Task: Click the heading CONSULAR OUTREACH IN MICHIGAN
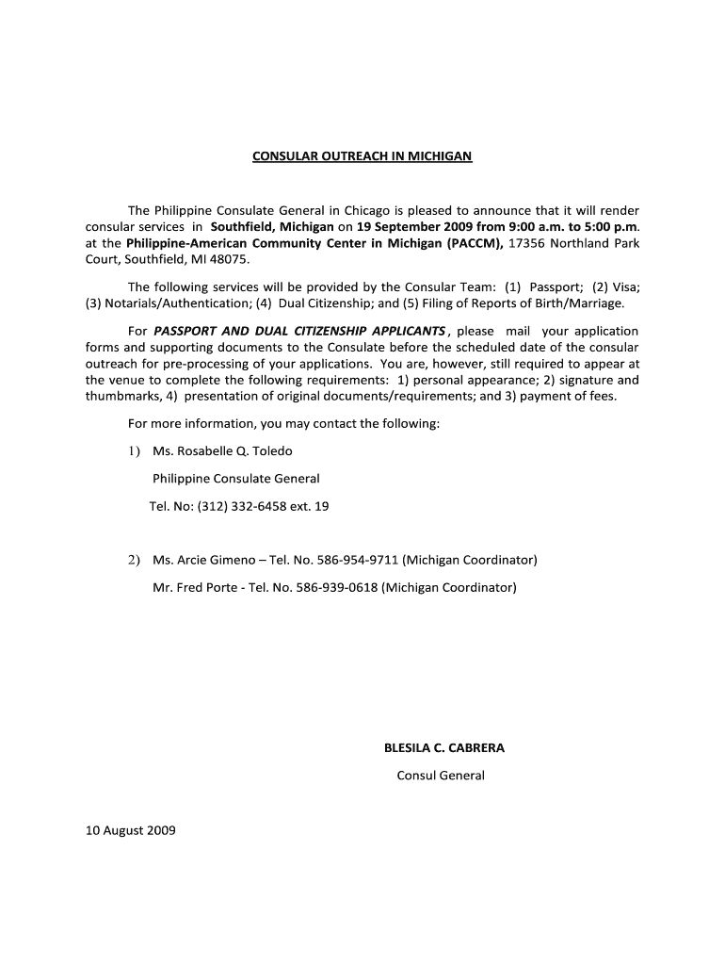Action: pyautogui.click(x=362, y=155)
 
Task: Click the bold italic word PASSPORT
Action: pyautogui.click(x=188, y=331)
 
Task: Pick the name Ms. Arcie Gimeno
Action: pyautogui.click(x=201, y=560)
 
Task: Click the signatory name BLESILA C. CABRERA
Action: pyautogui.click(x=444, y=747)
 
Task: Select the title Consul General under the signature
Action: pyautogui.click(x=441, y=776)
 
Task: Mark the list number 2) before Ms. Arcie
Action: pyautogui.click(x=135, y=560)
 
